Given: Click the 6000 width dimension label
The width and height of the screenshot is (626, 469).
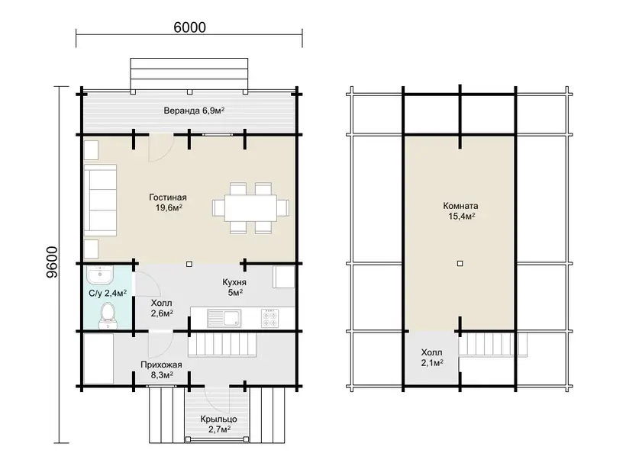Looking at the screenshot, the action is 189,27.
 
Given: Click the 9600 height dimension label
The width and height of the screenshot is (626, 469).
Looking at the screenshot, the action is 52,262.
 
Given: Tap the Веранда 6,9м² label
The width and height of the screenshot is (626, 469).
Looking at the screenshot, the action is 194,111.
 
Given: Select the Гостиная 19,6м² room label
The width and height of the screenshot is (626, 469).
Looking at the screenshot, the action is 168,202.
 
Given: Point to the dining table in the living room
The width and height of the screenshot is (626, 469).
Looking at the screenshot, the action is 250,207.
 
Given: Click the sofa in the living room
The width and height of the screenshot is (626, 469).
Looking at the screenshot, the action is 100,200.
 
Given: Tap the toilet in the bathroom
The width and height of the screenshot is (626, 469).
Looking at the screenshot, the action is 107,315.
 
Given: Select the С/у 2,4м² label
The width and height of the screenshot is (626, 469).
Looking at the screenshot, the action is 108,294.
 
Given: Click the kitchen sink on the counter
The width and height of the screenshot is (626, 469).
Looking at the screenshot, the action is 224,318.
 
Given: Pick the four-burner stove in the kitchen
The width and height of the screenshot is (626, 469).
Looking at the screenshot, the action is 270,318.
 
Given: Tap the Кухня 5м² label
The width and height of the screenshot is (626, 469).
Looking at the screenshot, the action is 234,288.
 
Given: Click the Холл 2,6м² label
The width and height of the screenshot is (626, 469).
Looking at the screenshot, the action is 162,308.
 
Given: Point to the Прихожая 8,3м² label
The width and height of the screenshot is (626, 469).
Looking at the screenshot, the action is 161,370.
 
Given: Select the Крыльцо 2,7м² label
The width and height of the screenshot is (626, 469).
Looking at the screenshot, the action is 219,424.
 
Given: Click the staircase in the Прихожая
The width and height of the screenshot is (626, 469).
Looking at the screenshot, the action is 222,344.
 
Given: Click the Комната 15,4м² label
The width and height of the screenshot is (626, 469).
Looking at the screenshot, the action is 460,211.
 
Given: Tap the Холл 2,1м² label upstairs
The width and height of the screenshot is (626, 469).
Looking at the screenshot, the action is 431,358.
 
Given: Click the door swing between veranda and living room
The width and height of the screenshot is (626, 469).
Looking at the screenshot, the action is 161,147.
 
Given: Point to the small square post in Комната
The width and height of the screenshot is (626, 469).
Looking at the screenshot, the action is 460,264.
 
